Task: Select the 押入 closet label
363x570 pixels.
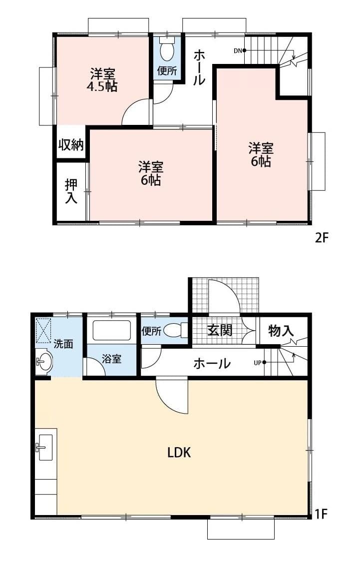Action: (71, 191)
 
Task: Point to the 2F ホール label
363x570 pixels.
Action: (199, 67)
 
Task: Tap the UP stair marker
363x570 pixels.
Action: (258, 363)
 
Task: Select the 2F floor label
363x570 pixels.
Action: (321, 238)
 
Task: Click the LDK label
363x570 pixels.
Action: (179, 453)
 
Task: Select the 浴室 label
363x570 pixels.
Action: (112, 359)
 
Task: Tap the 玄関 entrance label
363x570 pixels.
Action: (220, 330)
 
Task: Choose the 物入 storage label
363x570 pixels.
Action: (281, 330)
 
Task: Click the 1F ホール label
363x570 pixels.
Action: (212, 363)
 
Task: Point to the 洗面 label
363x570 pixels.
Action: (63, 344)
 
